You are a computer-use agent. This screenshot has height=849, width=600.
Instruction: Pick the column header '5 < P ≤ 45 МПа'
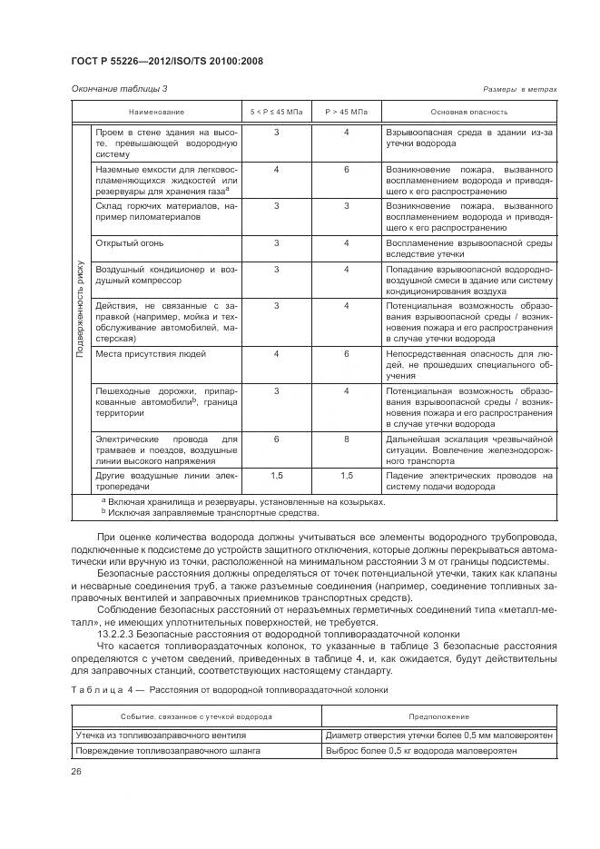click(x=276, y=111)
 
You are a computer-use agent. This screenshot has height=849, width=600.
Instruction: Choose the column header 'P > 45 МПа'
click(x=346, y=111)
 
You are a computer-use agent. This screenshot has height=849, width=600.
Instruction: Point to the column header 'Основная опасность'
click(x=468, y=111)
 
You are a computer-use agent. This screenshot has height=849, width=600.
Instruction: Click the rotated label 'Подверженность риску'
click(x=81, y=309)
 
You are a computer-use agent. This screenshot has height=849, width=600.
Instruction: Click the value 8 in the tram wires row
click(x=346, y=439)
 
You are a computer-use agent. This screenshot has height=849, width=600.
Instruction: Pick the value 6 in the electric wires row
click(x=276, y=439)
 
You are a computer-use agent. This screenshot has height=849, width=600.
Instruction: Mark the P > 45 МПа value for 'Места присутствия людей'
click(x=346, y=352)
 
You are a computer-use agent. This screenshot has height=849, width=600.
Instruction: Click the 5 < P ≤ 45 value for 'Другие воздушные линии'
click(x=276, y=475)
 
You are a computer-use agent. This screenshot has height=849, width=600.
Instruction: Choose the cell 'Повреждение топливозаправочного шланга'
click(x=168, y=751)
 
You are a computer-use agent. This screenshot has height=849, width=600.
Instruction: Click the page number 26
click(x=76, y=773)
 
